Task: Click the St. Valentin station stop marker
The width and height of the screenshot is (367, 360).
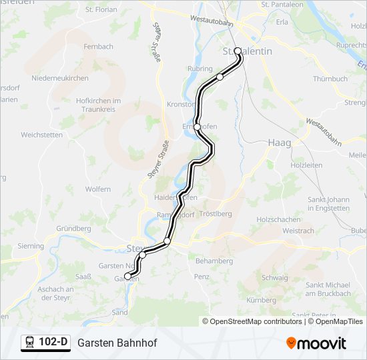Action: tap(238, 51)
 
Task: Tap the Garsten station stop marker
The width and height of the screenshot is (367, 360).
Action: tap(127, 276)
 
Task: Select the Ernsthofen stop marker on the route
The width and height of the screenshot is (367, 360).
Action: tap(197, 127)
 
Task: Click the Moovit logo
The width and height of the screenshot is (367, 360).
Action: tap(316, 343)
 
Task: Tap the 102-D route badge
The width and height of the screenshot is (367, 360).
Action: tap(45, 343)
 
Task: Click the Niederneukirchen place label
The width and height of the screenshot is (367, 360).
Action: tap(60, 78)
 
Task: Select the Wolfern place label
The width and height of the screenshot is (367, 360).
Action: tap(98, 189)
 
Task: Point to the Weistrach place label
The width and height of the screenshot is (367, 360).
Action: tap(298, 231)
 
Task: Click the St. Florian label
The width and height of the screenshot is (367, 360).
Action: tap(101, 10)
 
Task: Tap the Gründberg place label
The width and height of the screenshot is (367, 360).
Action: tap(73, 228)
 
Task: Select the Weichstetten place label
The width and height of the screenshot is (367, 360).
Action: tap(41, 135)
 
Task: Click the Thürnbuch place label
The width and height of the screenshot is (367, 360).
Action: tap(330, 79)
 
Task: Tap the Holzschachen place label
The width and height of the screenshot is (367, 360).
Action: tap(279, 219)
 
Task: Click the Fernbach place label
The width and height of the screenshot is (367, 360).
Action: tap(99, 47)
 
